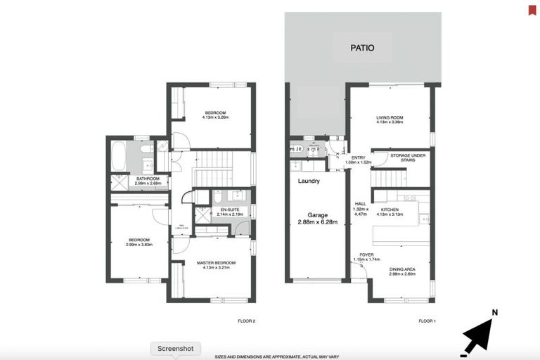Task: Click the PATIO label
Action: [x=362, y=49]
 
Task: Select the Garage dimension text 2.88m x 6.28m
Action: [x=317, y=221]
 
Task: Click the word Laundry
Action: [x=309, y=181]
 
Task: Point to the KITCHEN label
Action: [x=390, y=210]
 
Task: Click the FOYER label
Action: [x=366, y=255]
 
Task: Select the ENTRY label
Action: [x=359, y=157]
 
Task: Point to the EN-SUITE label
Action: [x=228, y=210]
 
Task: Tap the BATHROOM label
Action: [x=148, y=179]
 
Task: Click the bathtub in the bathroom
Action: [x=118, y=157]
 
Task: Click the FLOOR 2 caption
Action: [x=247, y=321]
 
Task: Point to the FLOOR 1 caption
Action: [x=427, y=321]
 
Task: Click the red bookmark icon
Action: [x=532, y=9]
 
